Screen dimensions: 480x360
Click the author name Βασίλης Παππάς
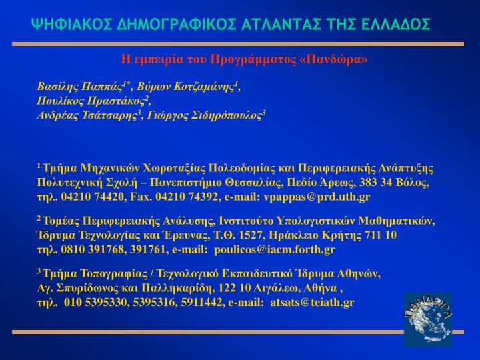(80, 87)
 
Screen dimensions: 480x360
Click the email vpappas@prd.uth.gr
(317, 197)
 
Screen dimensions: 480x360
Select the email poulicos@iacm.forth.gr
(275, 250)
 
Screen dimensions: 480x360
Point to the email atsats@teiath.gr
(312, 303)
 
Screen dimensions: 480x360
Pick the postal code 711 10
(381, 235)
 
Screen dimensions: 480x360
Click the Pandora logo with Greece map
(427, 319)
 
